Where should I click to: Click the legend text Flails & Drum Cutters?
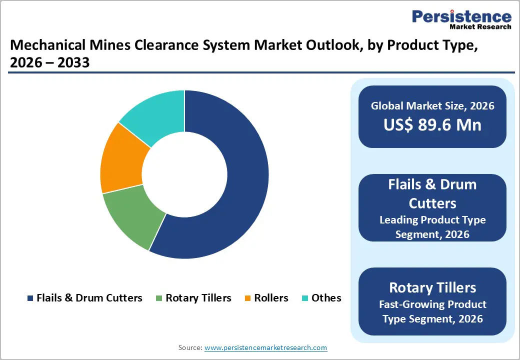[x=89, y=298]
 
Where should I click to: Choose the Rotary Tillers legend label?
[x=198, y=298]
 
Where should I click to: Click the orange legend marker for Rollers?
[x=247, y=298]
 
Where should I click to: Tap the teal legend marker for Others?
[x=304, y=298]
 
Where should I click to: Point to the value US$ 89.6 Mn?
[x=432, y=124]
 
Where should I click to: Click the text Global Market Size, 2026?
[x=432, y=105]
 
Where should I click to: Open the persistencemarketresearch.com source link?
[x=265, y=347]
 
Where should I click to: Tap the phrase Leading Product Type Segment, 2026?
[x=432, y=226]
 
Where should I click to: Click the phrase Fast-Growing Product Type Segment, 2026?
[x=432, y=311]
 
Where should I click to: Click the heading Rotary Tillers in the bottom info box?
[x=432, y=287]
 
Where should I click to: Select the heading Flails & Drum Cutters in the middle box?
[x=432, y=193]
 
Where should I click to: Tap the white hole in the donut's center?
[x=184, y=174]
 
